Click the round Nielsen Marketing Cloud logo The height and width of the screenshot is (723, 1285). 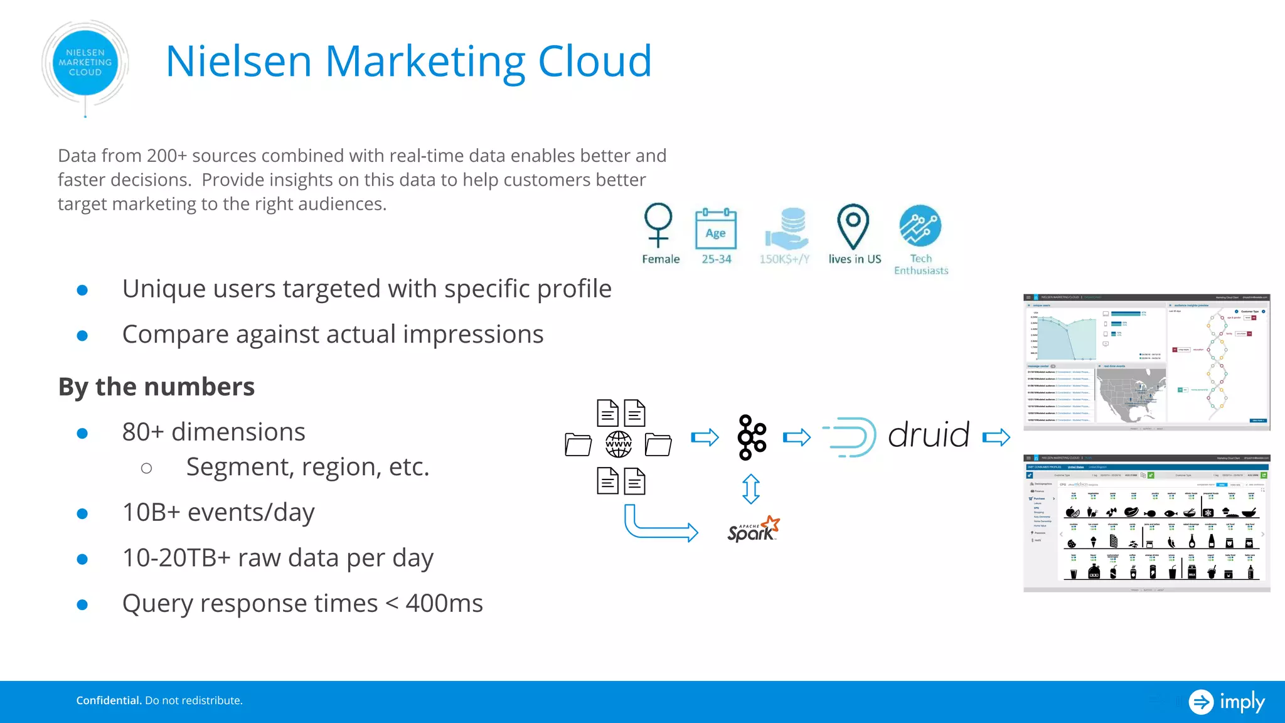85,63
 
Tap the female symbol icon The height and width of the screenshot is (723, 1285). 658,225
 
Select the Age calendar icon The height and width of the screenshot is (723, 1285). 716,229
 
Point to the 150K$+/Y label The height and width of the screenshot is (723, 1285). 784,259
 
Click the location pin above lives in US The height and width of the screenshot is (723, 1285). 853,226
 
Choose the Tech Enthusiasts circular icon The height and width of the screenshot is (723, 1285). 920,226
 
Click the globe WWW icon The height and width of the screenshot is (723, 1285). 619,444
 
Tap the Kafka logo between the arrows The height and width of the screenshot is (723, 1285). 752,437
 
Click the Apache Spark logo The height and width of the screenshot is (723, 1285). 754,530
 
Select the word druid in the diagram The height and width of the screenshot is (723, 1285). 929,435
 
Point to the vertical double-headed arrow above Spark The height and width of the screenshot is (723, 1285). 751,489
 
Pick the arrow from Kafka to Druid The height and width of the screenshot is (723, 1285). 797,437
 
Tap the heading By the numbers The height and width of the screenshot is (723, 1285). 156,387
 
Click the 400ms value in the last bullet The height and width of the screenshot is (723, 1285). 444,604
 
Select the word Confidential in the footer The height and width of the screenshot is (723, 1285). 109,700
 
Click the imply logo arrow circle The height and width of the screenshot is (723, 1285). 1201,702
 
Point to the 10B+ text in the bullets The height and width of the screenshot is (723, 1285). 151,513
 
